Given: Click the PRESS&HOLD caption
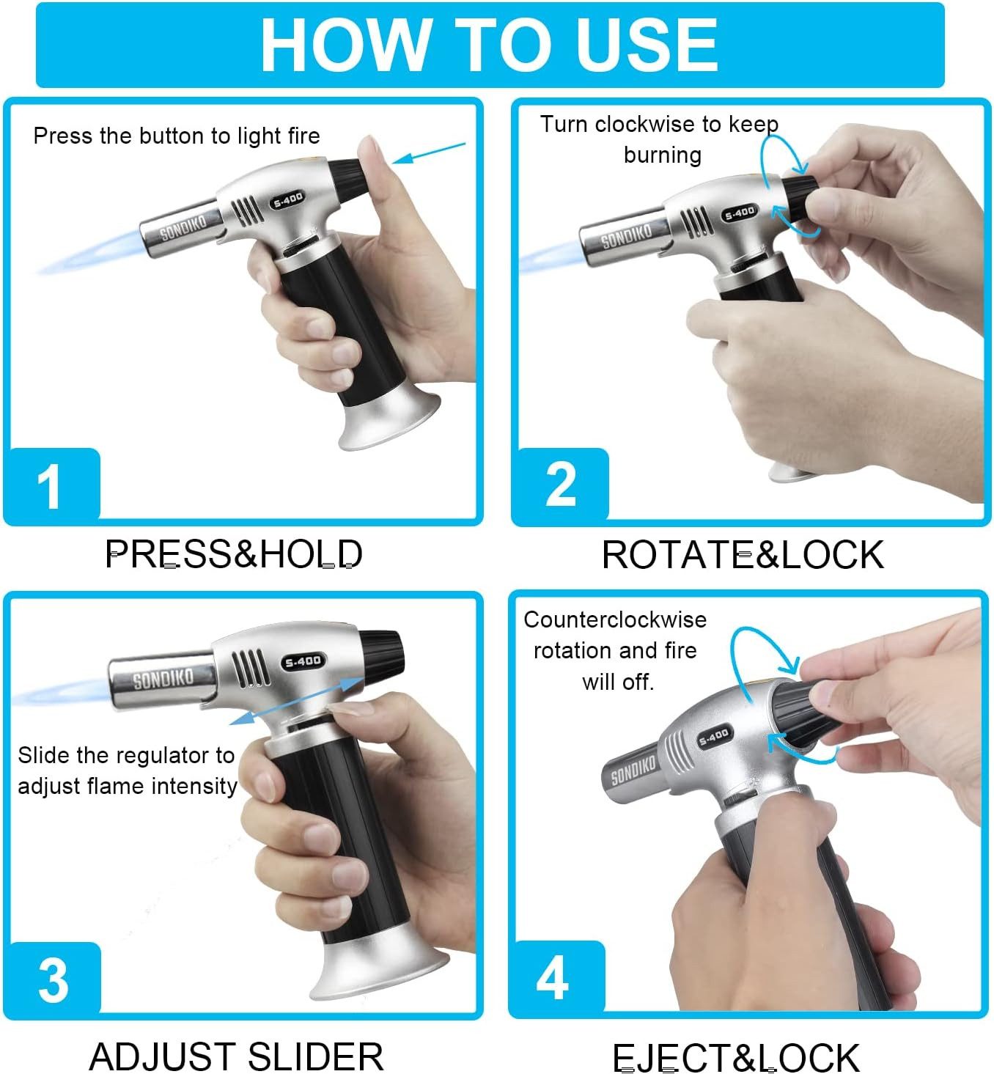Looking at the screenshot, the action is pos(234,553).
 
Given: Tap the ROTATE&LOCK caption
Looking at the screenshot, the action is pos(743,555).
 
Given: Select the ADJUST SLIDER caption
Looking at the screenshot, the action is pos(236,1056).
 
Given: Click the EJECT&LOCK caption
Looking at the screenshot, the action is pos(735,1057).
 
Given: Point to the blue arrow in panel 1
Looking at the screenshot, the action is pos(428,153).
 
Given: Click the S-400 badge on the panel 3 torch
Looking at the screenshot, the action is pos(303,661).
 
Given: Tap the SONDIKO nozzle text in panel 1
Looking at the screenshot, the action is pos(183,227).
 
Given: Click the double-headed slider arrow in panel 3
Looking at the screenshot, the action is pos(297,700).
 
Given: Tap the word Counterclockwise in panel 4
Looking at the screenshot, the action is pos(615,619).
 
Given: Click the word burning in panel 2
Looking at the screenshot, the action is pos(663,155).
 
